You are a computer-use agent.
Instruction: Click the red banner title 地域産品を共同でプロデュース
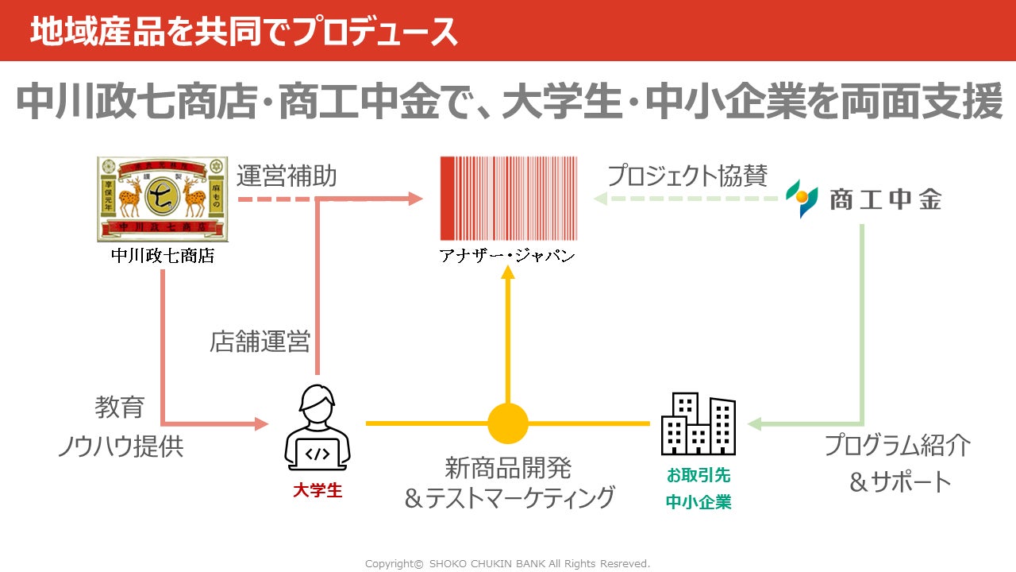244,32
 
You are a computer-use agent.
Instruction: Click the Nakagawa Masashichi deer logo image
163,199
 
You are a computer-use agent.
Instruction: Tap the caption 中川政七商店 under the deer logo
163,256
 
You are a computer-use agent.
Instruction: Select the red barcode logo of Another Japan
509,199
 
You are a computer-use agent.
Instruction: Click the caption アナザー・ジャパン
508,256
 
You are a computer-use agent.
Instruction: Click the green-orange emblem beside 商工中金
802,199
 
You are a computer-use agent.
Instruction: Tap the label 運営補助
287,176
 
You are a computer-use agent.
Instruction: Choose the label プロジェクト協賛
687,176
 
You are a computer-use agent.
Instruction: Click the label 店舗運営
260,342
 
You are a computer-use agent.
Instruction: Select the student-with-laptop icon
317,429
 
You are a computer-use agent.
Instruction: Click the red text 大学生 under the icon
317,490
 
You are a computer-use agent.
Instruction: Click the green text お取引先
698,476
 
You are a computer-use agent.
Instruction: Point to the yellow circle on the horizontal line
508,423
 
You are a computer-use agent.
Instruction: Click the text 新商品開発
508,466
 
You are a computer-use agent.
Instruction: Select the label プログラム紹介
898,445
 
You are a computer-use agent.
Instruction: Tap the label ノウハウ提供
120,446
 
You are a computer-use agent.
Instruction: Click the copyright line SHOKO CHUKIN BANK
507,563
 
